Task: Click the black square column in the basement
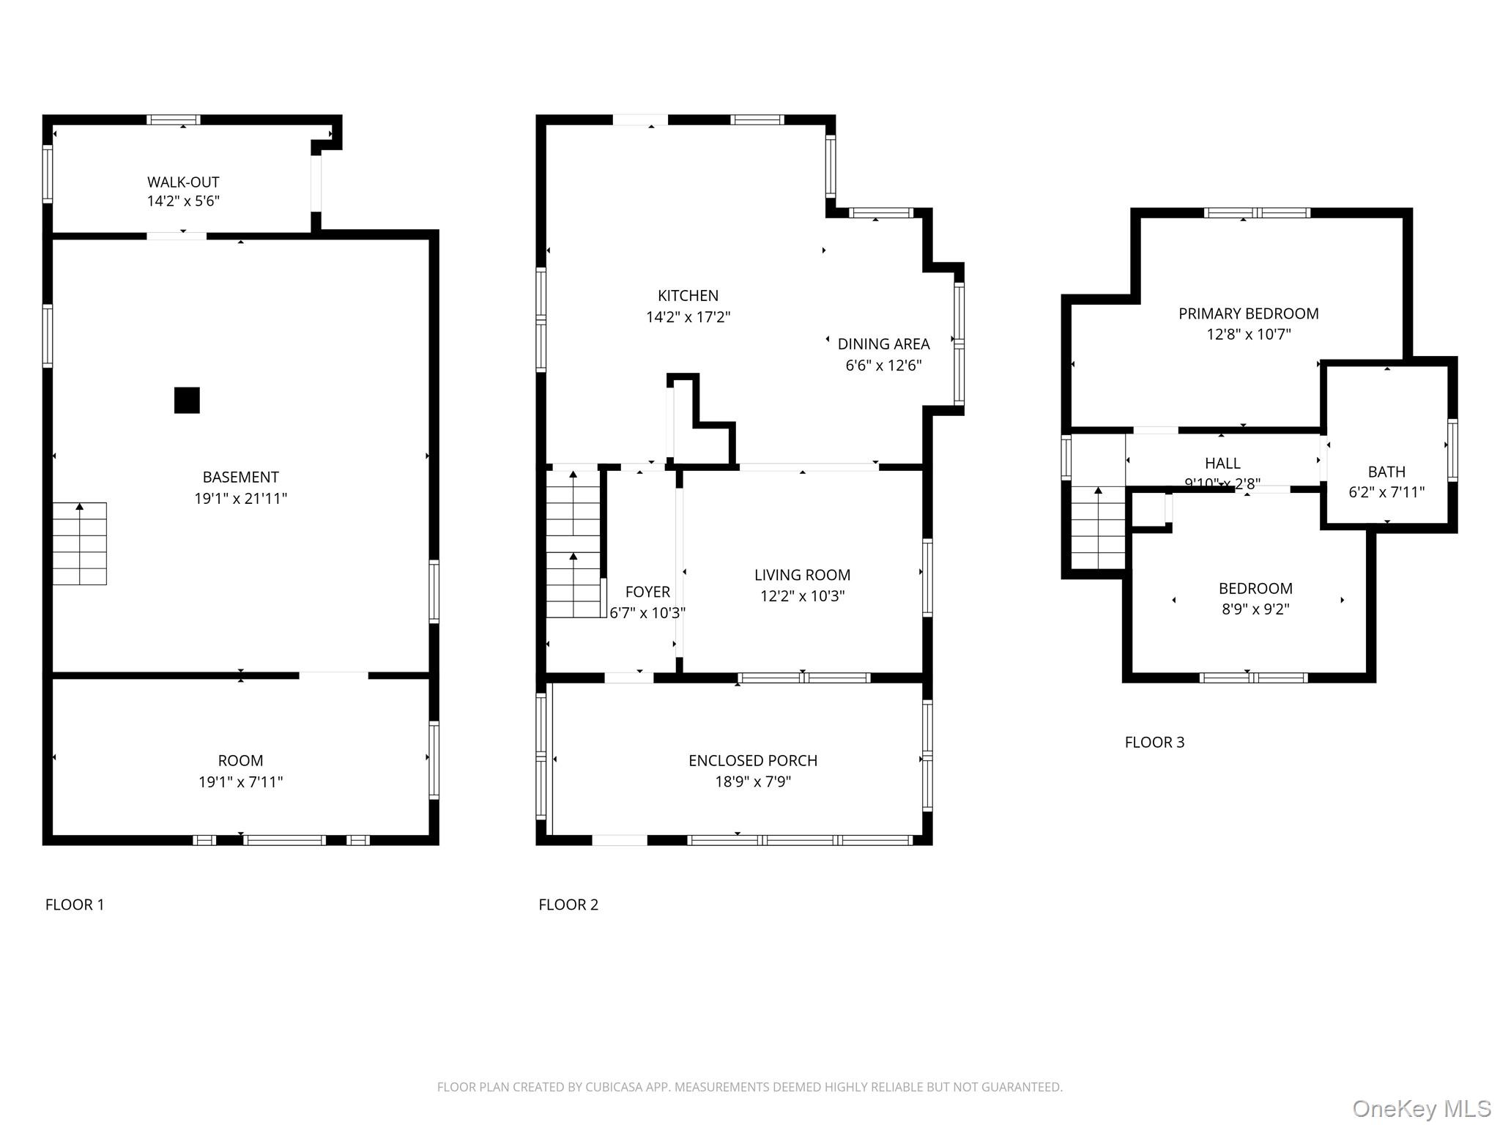point(187,401)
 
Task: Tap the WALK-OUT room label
point(183,182)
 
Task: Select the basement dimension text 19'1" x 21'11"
point(240,499)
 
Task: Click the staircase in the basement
point(79,543)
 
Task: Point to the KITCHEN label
point(688,296)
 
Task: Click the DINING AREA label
point(883,344)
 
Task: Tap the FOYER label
point(647,592)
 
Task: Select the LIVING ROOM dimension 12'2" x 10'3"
point(802,596)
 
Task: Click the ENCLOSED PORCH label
point(752,761)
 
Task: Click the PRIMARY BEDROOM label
point(1248,314)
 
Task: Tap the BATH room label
point(1386,472)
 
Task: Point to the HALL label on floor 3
point(1222,464)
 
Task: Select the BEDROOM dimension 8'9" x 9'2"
point(1255,609)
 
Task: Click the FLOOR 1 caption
point(75,905)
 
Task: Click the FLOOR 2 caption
point(568,905)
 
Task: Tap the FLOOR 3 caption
point(1154,743)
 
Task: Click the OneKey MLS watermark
point(1421,1108)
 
